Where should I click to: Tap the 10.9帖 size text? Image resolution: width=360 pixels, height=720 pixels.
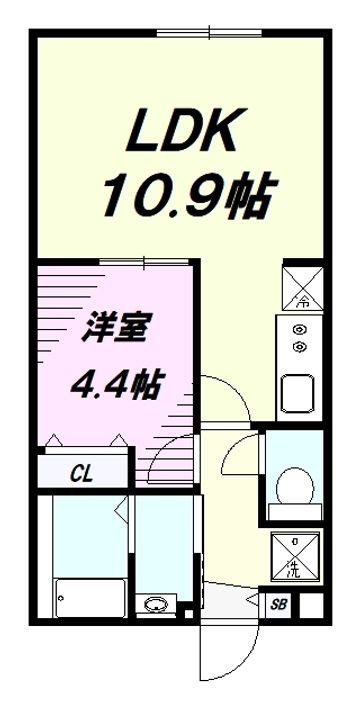point(186,196)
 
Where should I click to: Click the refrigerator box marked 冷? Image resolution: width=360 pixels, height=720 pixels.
point(299,284)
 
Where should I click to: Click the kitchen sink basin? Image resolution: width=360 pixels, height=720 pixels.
point(298,391)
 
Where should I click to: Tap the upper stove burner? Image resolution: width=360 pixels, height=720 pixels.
point(297,329)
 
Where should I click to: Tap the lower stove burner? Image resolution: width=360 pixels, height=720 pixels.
point(297,346)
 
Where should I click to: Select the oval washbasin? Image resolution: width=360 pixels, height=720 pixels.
point(155,604)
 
